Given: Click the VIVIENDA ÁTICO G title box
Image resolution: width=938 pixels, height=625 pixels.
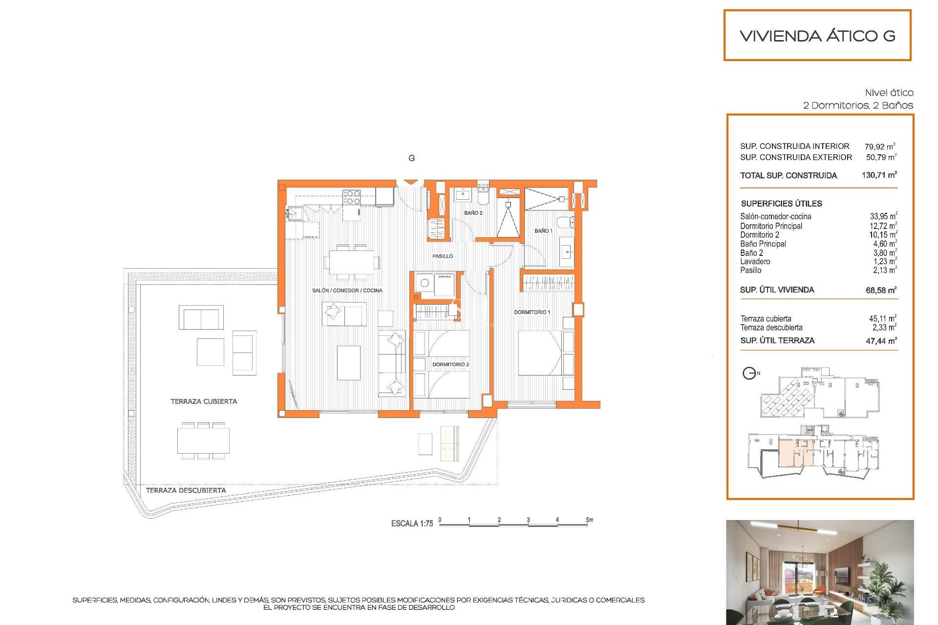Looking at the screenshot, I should (x=817, y=36).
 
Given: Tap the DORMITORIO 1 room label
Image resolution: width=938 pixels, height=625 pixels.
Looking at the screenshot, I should (x=532, y=312).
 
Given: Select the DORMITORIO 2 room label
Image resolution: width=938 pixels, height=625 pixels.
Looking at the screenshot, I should (x=450, y=364).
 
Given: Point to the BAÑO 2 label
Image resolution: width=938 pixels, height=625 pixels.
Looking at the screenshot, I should (x=473, y=213).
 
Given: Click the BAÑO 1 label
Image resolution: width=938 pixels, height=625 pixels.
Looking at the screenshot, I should (x=543, y=230).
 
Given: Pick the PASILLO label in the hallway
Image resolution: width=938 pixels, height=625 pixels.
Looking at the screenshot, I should (x=442, y=256).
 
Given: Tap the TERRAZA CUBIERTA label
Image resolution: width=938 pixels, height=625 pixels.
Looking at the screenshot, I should (x=203, y=401).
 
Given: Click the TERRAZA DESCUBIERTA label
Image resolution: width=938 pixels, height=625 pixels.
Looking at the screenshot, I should (x=186, y=490).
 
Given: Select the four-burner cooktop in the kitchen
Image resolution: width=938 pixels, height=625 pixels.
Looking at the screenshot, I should (x=351, y=197).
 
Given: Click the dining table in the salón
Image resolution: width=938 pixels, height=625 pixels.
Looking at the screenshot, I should (x=352, y=262).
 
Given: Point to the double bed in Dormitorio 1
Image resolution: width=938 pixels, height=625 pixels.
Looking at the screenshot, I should (x=539, y=353).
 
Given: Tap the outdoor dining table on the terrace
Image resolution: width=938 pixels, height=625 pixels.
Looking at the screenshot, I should (x=203, y=441).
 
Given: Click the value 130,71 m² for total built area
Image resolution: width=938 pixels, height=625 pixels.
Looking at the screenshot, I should (x=879, y=175).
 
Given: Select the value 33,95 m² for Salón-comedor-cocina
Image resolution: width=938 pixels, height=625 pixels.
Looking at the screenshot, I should (x=883, y=216).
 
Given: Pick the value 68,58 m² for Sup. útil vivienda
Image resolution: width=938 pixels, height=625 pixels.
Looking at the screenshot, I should (x=881, y=290).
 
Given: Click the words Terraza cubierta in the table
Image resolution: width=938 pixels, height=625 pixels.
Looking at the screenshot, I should (x=766, y=319).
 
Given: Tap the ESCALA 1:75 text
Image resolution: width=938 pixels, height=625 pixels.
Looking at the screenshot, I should (x=412, y=523).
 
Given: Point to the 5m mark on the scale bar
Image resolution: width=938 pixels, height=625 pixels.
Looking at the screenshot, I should (x=590, y=520).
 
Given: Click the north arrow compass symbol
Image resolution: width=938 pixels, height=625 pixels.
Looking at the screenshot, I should (x=749, y=374).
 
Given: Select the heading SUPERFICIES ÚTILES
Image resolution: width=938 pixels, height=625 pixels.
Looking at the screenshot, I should (x=781, y=204).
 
